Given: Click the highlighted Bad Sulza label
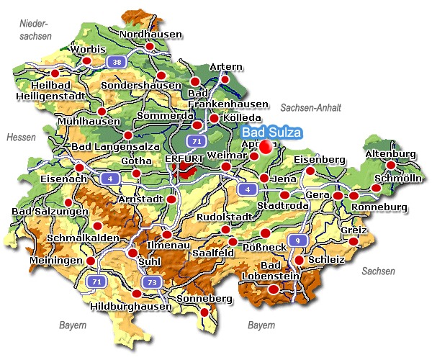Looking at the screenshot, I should tap(271, 132).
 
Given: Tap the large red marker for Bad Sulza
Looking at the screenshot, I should tap(267, 147).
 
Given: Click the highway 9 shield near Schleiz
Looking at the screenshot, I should tap(295, 239).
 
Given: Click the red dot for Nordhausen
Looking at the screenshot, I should tap(150, 47).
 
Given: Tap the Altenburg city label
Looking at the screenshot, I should tap(391, 154).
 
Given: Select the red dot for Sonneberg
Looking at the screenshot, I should tap(204, 312).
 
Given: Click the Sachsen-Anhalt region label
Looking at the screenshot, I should tap(310, 107).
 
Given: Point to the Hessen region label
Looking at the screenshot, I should tap(20, 137).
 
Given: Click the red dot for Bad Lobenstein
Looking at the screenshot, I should tap(274, 289).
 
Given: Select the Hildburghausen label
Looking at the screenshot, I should tap(132, 306).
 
